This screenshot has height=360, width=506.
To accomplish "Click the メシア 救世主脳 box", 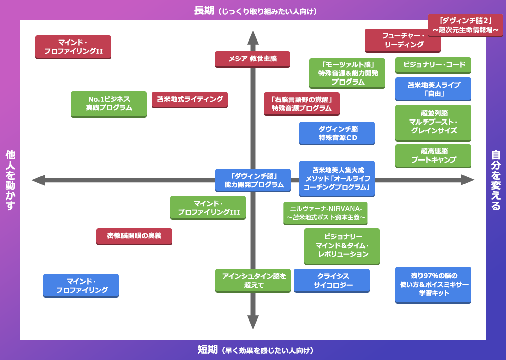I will click(x=252, y=59).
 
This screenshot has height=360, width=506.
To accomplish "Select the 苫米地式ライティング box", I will click(x=190, y=99).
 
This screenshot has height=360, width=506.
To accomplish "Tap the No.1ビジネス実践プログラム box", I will click(x=109, y=104).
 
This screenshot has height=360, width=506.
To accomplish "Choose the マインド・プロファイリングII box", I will click(x=73, y=47).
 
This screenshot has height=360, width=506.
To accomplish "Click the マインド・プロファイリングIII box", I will click(x=208, y=208).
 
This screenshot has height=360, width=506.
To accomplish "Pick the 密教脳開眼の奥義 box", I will click(x=134, y=236).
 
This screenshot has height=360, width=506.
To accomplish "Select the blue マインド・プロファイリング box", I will click(x=81, y=286).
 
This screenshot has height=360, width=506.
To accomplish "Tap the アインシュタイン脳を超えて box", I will click(x=253, y=281).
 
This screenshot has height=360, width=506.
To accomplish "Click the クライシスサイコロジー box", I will click(x=332, y=281).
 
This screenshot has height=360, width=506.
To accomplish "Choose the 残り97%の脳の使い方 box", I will click(x=433, y=285).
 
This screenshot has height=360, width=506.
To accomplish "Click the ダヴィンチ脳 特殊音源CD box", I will click(x=337, y=133).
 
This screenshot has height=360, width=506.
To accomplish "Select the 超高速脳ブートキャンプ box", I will click(x=433, y=155).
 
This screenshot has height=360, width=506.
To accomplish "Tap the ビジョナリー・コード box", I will click(x=433, y=65).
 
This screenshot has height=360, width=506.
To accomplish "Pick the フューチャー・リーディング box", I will click(x=403, y=41).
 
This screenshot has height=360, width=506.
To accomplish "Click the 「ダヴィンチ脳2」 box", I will click(x=466, y=25).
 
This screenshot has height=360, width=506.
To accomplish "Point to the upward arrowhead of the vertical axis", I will click(x=253, y=37).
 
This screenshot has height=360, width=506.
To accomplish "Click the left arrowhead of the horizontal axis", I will click(x=38, y=180).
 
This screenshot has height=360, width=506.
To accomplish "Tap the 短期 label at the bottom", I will click(x=207, y=350).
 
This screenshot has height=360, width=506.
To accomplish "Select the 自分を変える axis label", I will click(x=496, y=180).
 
